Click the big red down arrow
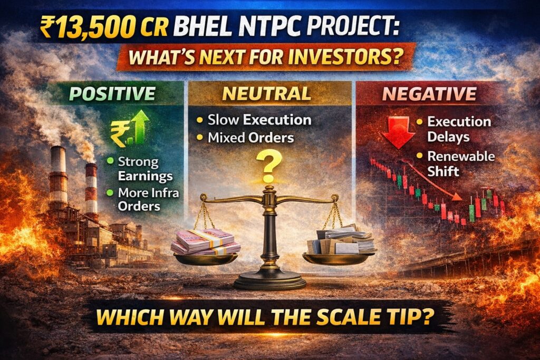click(399, 132)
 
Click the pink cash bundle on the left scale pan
click(205, 242)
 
